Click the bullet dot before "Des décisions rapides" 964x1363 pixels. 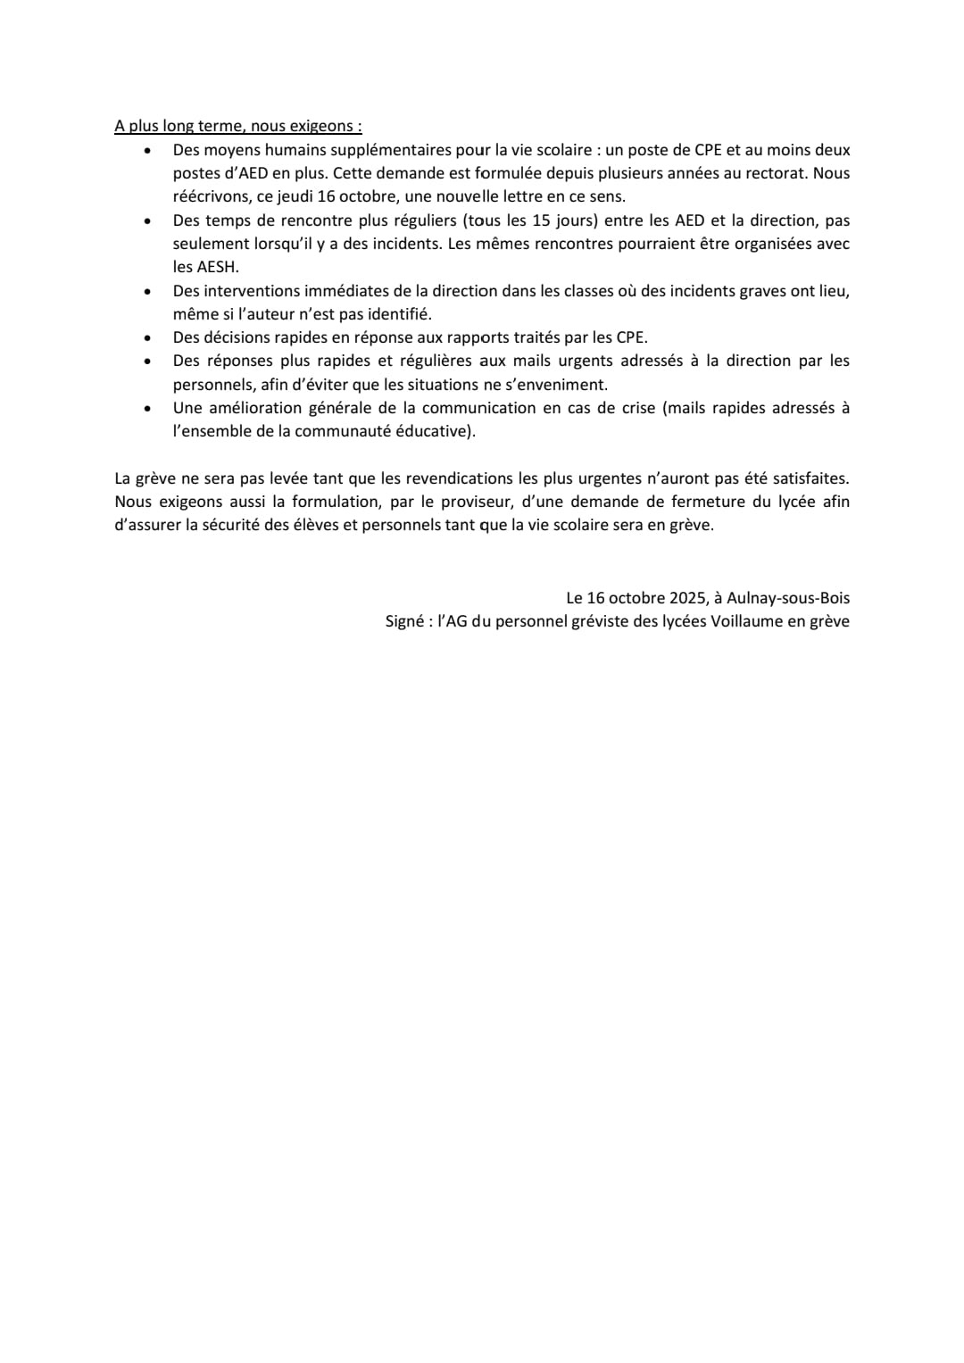click(x=148, y=338)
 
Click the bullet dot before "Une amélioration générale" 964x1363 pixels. click(x=148, y=409)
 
